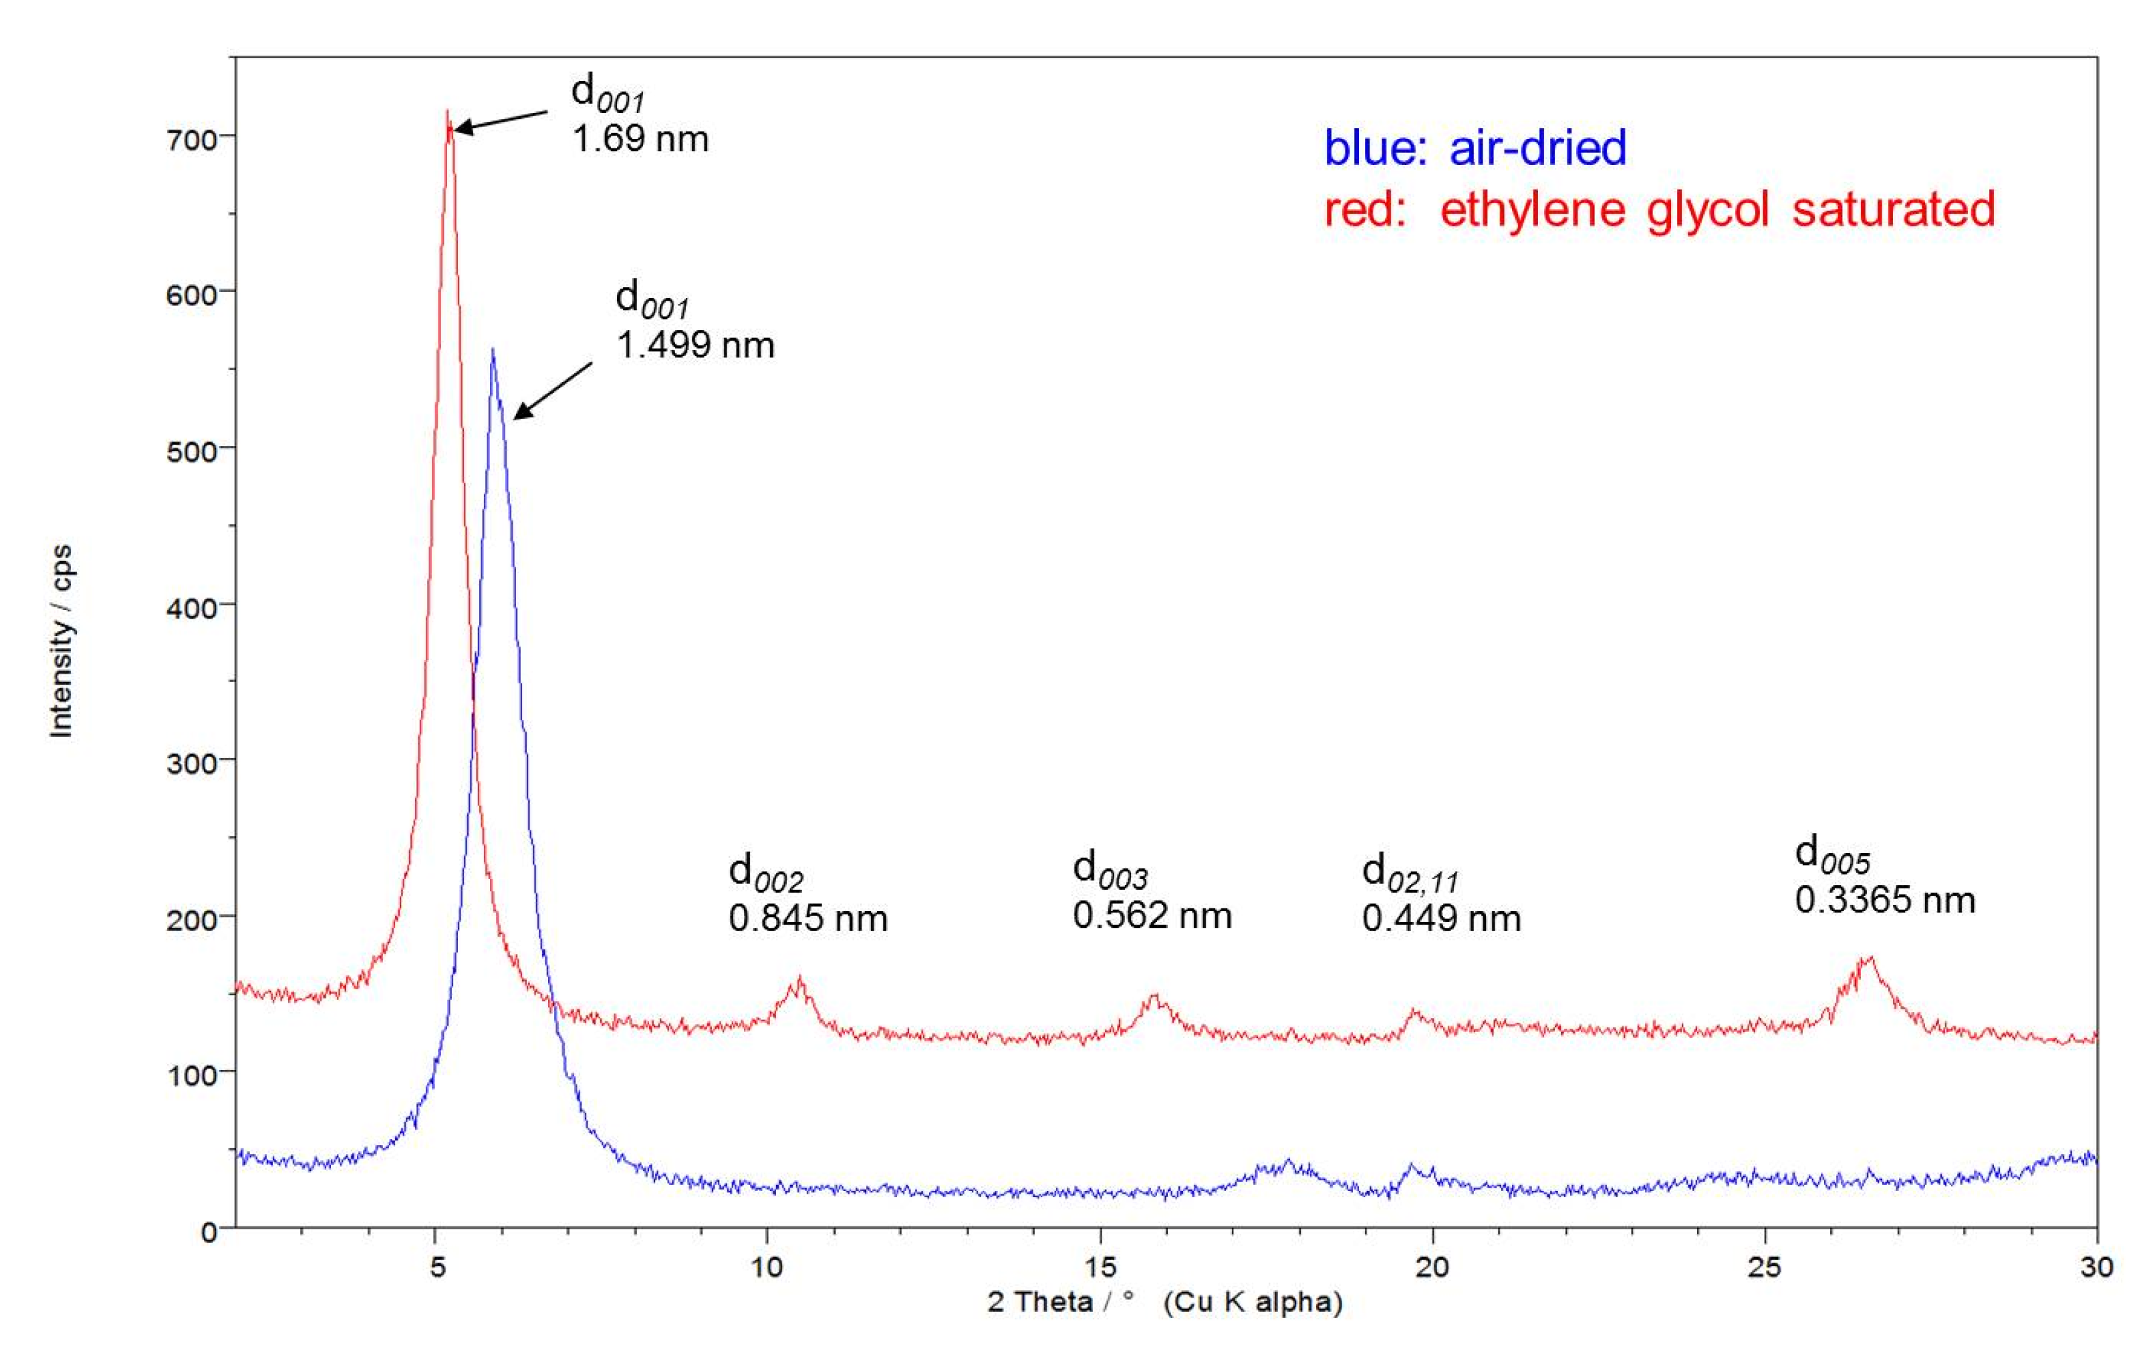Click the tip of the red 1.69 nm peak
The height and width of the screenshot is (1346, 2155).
point(447,112)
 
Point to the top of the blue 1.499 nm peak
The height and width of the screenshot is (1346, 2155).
point(493,350)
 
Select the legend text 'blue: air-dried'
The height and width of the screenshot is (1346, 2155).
point(1475,148)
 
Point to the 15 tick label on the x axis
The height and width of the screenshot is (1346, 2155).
point(1101,1266)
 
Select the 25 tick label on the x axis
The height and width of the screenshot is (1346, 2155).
point(1765,1266)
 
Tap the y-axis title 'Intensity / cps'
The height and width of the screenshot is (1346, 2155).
point(61,641)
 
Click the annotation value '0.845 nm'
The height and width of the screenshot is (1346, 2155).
point(807,918)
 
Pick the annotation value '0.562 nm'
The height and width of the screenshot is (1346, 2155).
point(1152,916)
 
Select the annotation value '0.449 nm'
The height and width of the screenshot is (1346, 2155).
point(1441,918)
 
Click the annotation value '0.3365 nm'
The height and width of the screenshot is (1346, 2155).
point(1885,900)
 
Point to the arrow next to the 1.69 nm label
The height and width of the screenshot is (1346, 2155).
point(501,121)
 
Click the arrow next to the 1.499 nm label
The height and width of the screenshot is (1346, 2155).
point(552,390)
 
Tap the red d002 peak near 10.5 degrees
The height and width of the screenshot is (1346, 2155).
point(799,980)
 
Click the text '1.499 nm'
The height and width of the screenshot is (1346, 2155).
point(695,345)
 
